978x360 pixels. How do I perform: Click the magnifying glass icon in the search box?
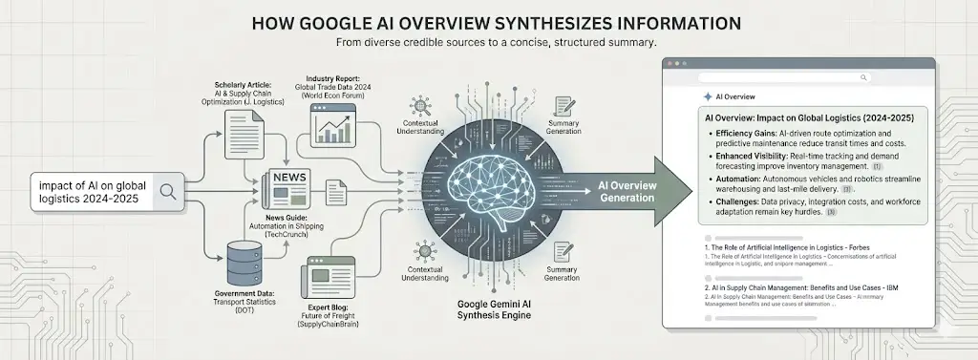point(168,191)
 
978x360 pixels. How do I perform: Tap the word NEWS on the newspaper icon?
point(290,179)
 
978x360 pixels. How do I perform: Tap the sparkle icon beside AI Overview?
point(706,96)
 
